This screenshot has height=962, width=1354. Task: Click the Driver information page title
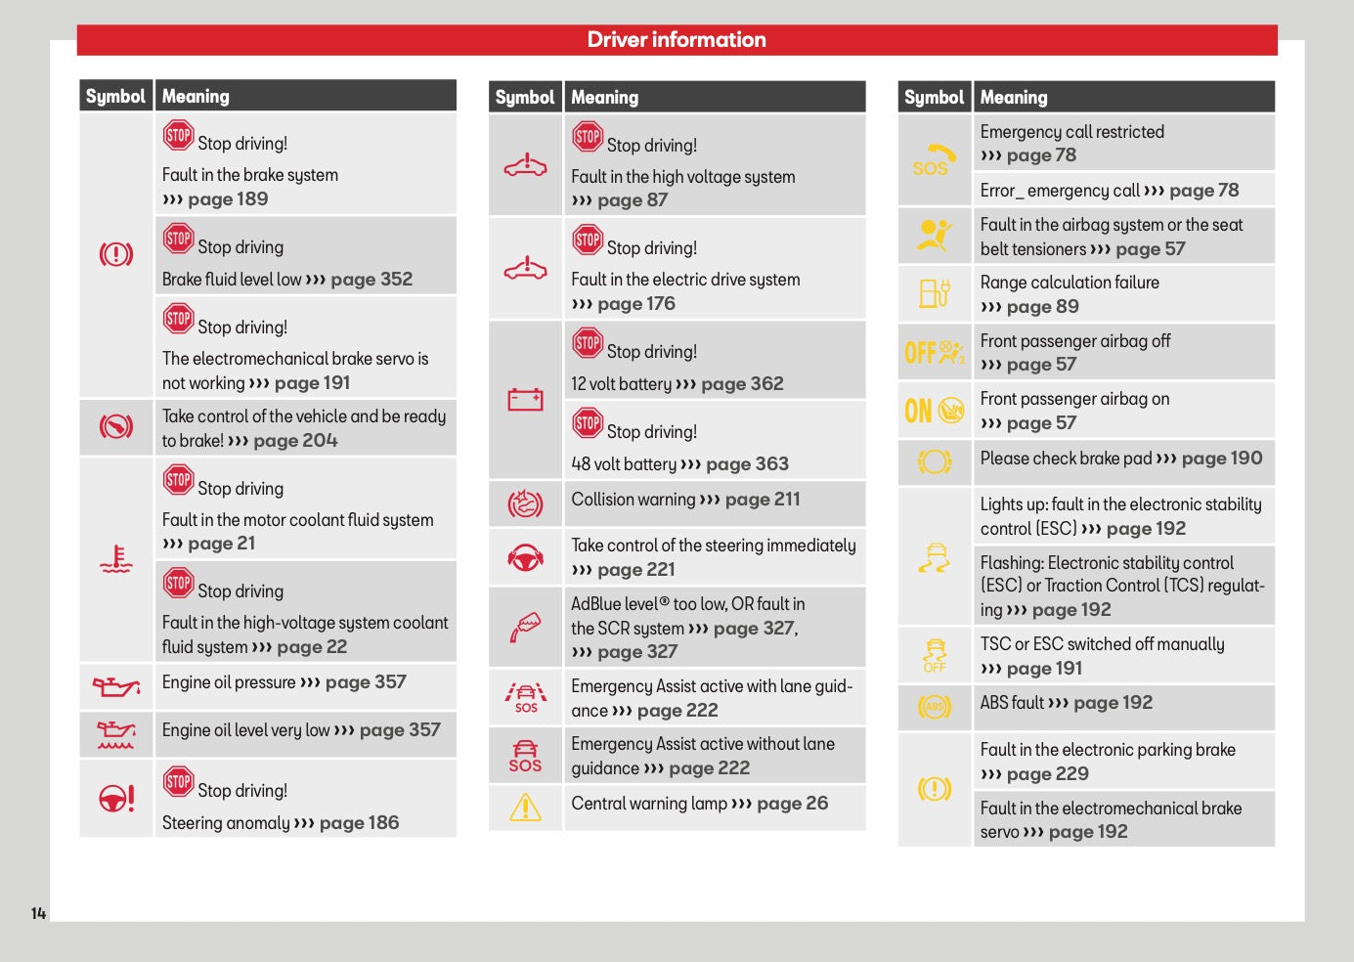[x=677, y=39]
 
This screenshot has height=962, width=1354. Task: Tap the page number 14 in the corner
[x=39, y=913]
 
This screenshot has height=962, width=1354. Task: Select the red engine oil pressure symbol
[x=116, y=686]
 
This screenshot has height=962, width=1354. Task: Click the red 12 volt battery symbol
[x=525, y=399]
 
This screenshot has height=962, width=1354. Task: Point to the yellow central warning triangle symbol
[x=525, y=808]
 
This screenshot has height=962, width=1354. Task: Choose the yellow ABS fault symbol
[x=935, y=706]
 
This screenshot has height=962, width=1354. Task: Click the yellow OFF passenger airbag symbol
[x=935, y=352]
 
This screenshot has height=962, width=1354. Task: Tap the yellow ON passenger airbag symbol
[x=935, y=411]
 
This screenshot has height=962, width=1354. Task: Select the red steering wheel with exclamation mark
[x=116, y=798]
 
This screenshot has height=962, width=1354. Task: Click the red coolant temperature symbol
[x=116, y=558]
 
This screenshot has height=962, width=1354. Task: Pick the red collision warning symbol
[x=525, y=504]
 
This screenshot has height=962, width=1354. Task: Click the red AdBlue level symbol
[x=525, y=627]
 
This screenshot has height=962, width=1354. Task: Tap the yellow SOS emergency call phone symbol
[x=935, y=159]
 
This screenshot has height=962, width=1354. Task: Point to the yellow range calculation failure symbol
[x=935, y=293]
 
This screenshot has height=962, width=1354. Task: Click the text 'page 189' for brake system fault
[x=228, y=198]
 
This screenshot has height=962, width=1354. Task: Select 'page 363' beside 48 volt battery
[x=747, y=463]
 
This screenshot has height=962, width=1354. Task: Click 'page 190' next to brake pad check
[x=1222, y=459]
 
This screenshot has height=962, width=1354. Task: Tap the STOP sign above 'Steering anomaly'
[x=178, y=781]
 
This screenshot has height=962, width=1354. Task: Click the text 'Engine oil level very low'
[x=246, y=730]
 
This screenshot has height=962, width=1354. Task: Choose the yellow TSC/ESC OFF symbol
[x=935, y=655]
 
